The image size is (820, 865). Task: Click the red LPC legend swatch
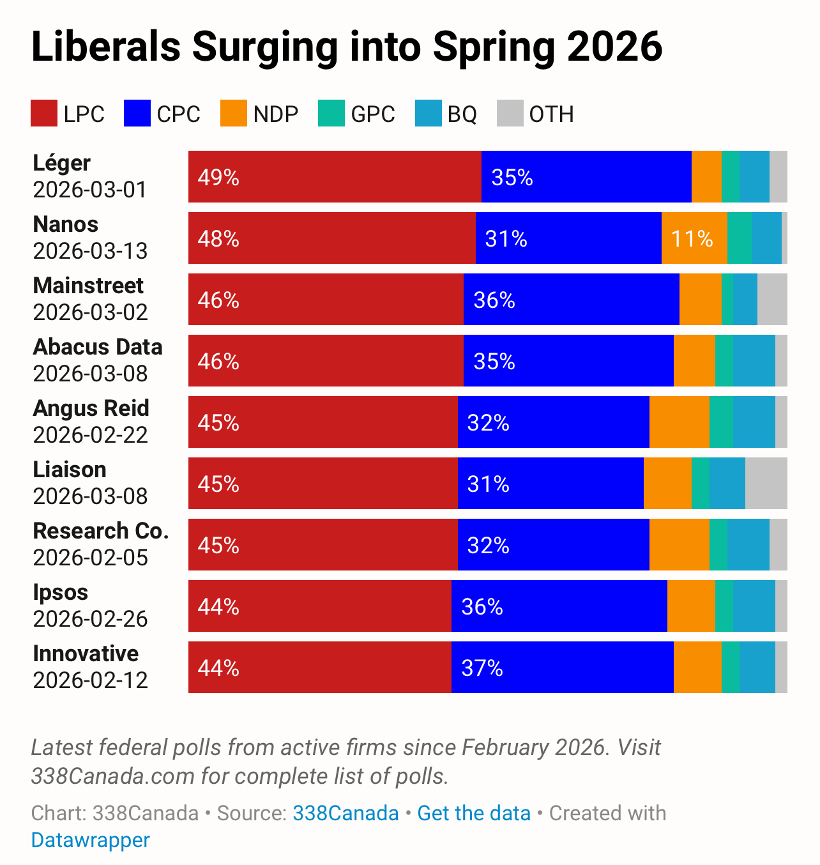pos(44,114)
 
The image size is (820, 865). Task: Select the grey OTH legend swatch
pos(510,114)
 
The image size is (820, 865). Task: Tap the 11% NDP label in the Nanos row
pos(692,238)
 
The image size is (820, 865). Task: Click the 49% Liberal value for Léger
pos(218,177)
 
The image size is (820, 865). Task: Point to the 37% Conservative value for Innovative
pos(482,668)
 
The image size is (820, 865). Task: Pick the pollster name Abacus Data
pos(98,347)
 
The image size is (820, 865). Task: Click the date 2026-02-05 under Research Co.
pos(91,558)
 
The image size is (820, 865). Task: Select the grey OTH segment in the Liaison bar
pos(766,484)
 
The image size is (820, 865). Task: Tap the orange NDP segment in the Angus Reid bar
pos(680,422)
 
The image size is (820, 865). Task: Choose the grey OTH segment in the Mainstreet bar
pos(772,300)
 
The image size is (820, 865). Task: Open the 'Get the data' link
pos(474,813)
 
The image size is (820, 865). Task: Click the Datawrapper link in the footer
pos(91,840)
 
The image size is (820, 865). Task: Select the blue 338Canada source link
pos(345,813)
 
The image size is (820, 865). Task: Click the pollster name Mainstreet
pos(88,286)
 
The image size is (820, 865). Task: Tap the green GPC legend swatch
pos(331,114)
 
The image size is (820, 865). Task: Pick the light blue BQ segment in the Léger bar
pos(754,177)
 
